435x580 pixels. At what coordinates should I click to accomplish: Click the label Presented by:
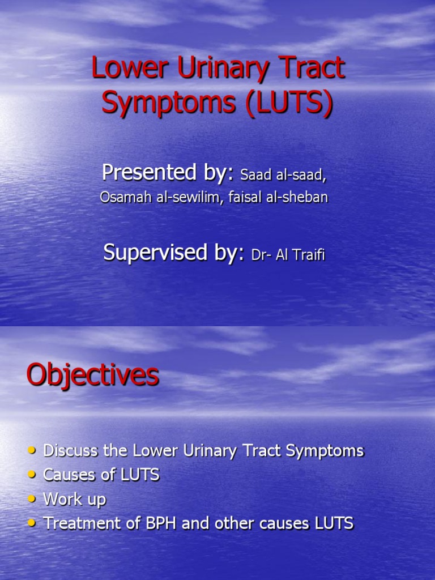point(168,173)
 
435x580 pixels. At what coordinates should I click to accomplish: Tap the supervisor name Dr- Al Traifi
point(288,255)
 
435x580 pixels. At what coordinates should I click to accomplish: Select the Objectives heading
point(93,376)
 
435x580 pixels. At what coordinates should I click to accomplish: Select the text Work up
point(75,500)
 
